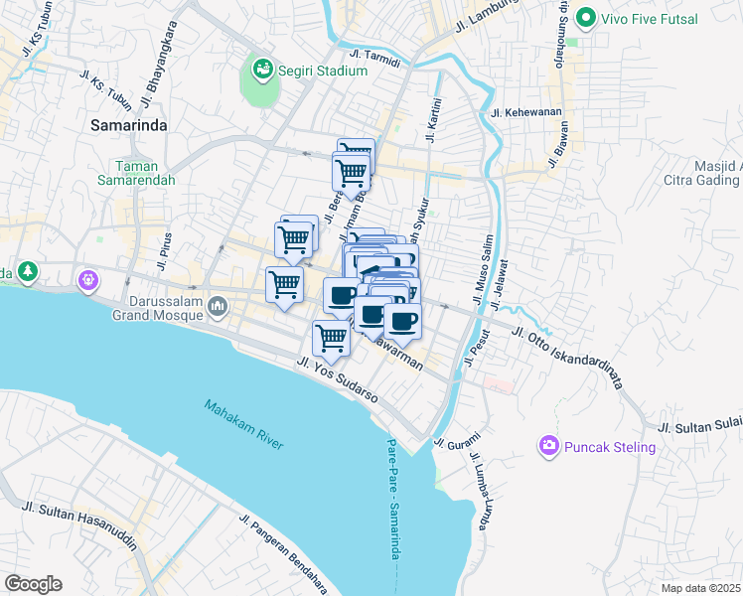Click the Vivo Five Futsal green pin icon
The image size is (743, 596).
pos(586,18)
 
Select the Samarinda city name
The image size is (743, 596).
pos(129,125)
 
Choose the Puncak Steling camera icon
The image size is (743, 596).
pos(548,447)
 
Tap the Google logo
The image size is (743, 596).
pos(33,583)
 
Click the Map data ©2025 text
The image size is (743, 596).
pos(699,588)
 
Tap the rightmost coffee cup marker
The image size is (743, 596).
pos(402,321)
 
